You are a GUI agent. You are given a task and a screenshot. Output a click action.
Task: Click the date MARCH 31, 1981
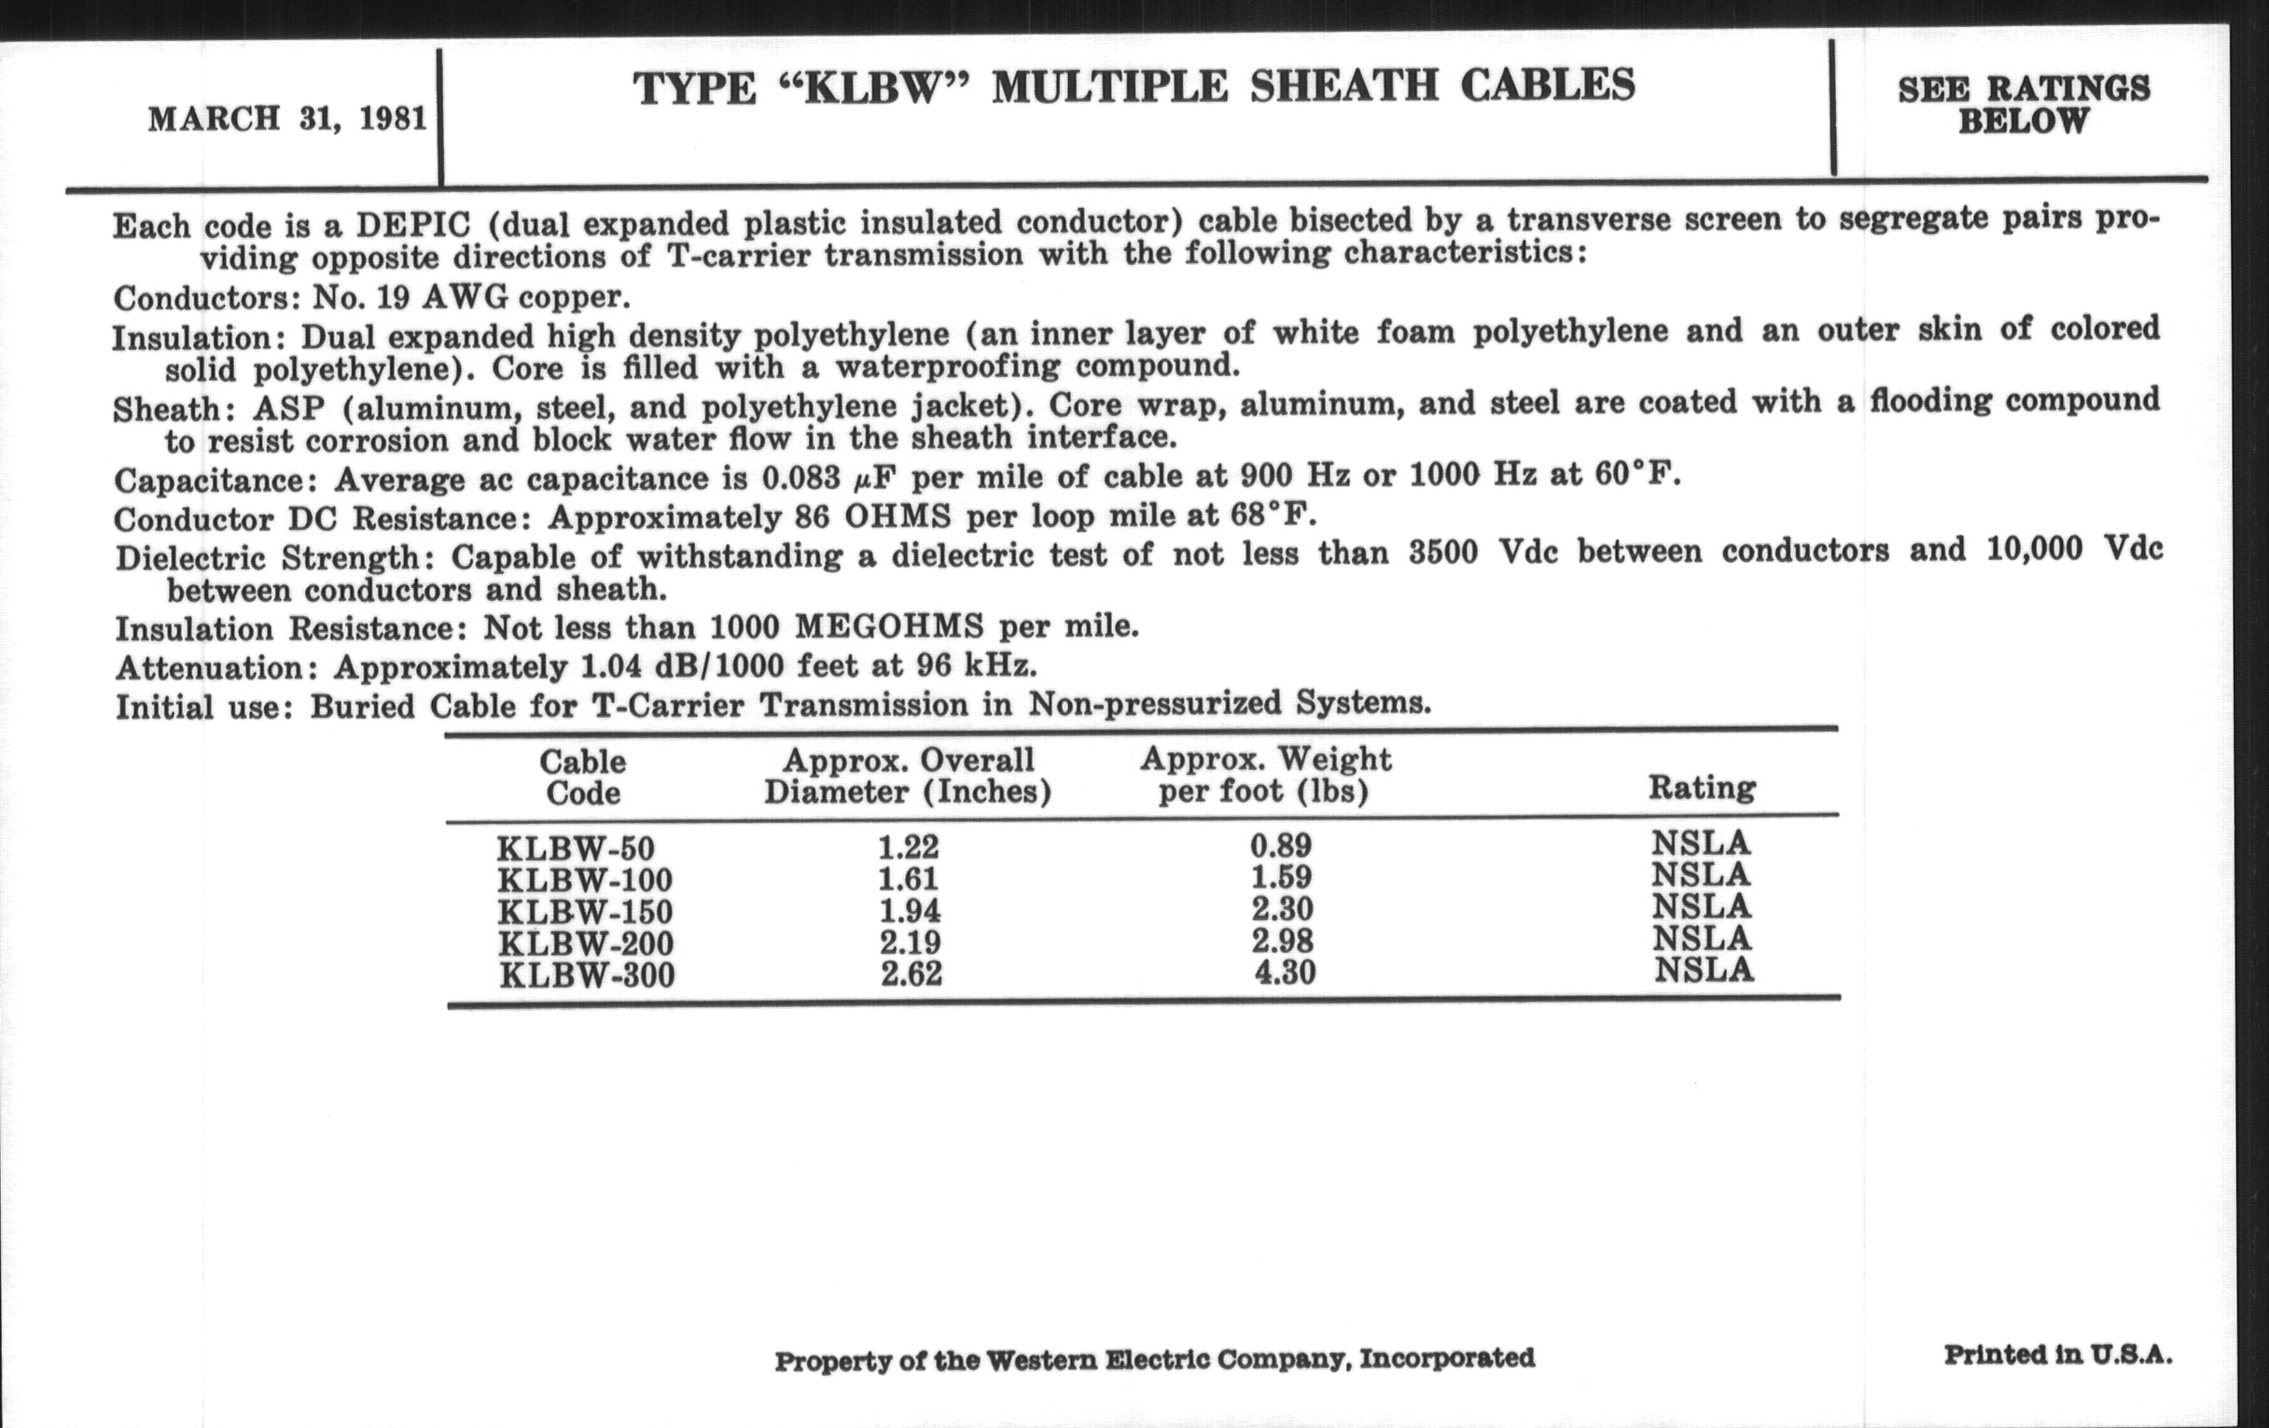(287, 119)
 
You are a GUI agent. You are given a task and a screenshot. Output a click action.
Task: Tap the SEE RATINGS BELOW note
(2023, 105)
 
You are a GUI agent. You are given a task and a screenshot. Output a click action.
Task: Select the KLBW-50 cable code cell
(575, 848)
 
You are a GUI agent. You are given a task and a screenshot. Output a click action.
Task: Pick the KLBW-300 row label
(587, 974)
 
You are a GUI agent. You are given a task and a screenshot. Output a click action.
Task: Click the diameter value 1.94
(910, 912)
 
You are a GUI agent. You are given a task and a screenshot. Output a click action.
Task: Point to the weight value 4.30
(1285, 972)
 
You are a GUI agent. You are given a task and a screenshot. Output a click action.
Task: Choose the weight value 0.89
(1281, 846)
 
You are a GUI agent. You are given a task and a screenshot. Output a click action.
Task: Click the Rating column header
(1702, 787)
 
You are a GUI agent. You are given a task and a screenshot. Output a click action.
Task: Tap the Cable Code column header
(582, 777)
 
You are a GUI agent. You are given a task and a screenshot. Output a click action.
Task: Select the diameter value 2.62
(912, 973)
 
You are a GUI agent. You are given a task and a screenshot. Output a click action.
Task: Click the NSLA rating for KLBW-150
(1702, 907)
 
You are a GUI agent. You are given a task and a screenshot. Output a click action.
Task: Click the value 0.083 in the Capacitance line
(800, 479)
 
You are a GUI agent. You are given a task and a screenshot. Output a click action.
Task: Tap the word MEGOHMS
(888, 627)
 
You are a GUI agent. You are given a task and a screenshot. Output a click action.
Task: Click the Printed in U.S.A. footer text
(2058, 1355)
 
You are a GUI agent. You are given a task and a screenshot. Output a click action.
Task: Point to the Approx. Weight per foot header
(1264, 775)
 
